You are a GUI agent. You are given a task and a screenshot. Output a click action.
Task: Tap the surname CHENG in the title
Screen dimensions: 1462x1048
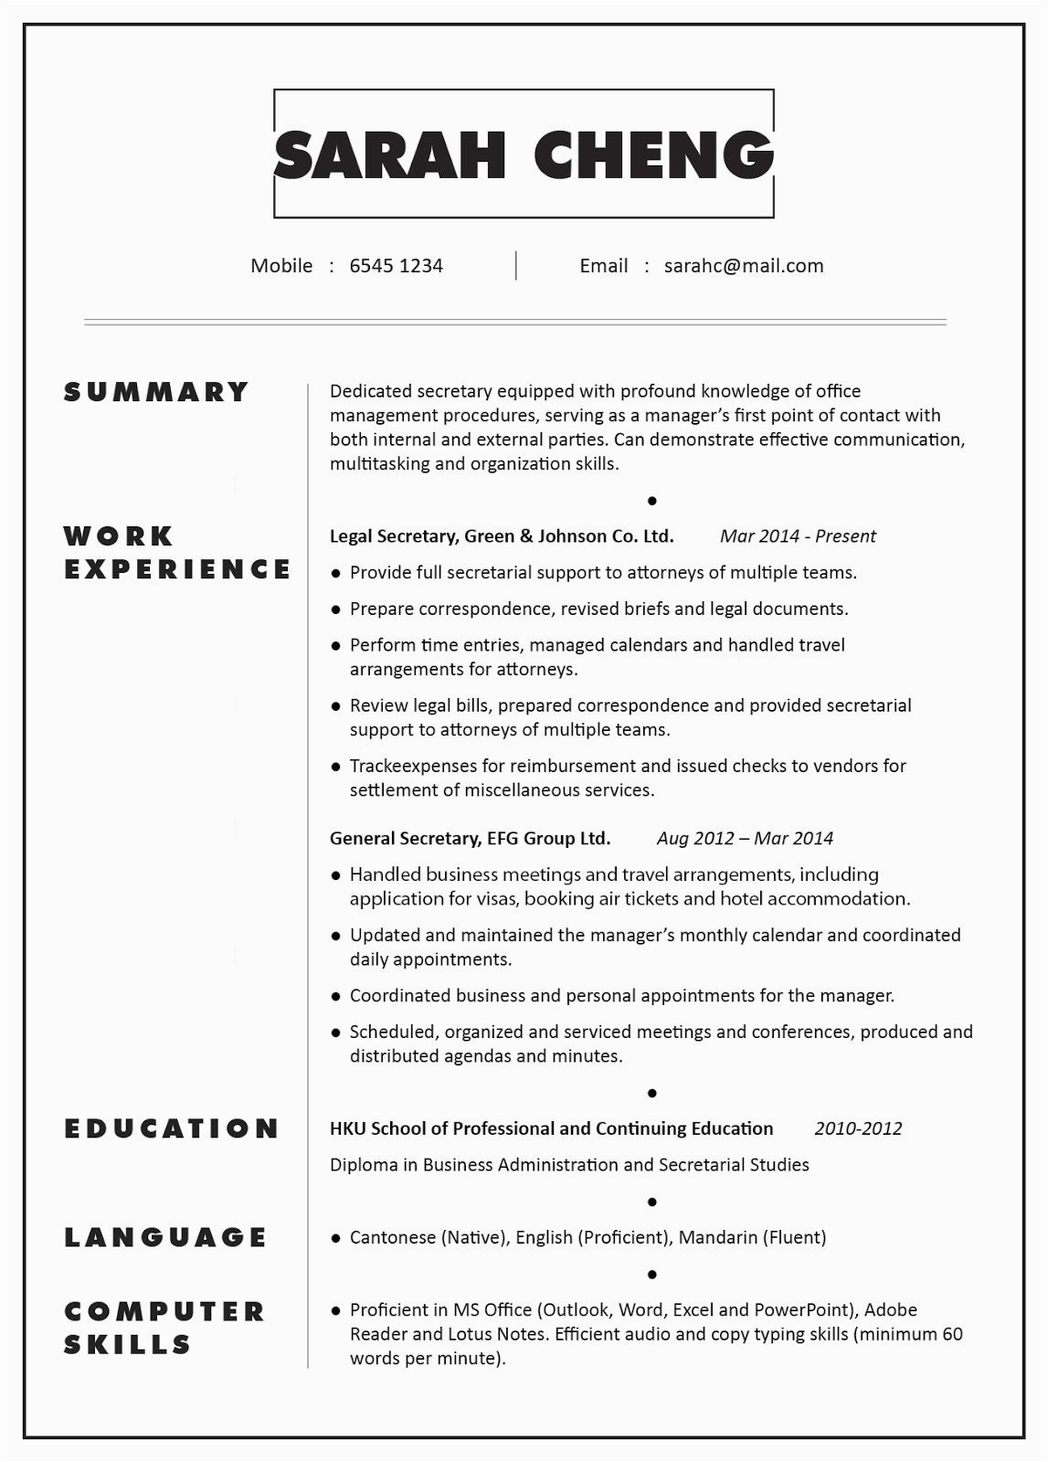(653, 154)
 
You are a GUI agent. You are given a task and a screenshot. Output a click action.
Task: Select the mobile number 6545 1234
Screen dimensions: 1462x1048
(396, 266)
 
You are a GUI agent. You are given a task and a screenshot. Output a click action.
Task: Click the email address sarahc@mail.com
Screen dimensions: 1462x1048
(744, 266)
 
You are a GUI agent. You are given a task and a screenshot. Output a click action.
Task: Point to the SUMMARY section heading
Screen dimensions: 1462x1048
(156, 392)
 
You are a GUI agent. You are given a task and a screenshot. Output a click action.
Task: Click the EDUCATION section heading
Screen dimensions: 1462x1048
(172, 1128)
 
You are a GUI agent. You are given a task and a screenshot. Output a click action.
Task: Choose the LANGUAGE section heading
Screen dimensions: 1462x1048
(165, 1237)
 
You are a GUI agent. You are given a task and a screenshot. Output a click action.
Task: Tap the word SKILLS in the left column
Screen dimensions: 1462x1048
(128, 1344)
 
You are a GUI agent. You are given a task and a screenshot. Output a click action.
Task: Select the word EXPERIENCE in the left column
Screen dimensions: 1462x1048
(177, 569)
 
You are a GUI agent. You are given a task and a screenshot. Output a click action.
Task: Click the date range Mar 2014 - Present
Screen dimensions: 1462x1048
(798, 536)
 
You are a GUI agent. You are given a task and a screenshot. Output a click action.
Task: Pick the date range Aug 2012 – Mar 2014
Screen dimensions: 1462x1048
(745, 839)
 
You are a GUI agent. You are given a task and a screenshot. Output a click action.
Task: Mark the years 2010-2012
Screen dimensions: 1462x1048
(858, 1128)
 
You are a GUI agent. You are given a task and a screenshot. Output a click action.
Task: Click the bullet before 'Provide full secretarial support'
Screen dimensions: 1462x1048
(336, 574)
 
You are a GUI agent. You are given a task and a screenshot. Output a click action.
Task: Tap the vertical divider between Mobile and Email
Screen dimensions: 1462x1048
(516, 266)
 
